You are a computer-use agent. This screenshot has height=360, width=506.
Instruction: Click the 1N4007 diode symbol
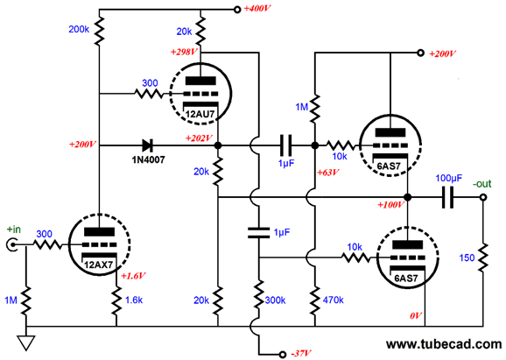(x=147, y=145)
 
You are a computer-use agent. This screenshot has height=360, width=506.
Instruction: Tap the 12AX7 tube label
(x=98, y=265)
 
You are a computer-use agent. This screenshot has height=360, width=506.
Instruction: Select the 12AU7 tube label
(x=200, y=114)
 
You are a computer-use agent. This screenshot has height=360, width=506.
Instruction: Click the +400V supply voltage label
(x=257, y=9)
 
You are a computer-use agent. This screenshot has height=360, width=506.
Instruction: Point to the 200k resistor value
(x=79, y=30)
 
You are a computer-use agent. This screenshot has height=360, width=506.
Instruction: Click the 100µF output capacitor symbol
(x=447, y=197)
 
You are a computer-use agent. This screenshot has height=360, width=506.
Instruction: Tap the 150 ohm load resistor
(x=483, y=258)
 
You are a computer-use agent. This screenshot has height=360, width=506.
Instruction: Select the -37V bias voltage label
(x=301, y=354)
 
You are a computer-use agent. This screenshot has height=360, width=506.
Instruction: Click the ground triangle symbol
(x=26, y=342)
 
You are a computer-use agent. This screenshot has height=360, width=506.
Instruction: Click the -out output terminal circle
(x=483, y=197)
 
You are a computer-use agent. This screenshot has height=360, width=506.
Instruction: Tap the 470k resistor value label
(x=333, y=300)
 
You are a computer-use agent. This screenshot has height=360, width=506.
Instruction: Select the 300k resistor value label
(x=275, y=300)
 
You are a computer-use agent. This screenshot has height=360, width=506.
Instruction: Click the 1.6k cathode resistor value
(x=134, y=300)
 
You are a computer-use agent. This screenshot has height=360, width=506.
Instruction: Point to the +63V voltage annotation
(x=328, y=173)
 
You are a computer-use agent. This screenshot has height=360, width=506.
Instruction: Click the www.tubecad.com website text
(x=444, y=344)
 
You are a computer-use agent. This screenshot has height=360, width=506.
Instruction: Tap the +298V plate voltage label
(x=184, y=52)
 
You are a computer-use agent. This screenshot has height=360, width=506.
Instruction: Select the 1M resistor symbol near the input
(x=26, y=300)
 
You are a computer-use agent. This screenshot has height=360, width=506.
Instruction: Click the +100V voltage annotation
(x=390, y=205)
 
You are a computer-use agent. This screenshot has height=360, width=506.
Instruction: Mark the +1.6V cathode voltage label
(x=133, y=276)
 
